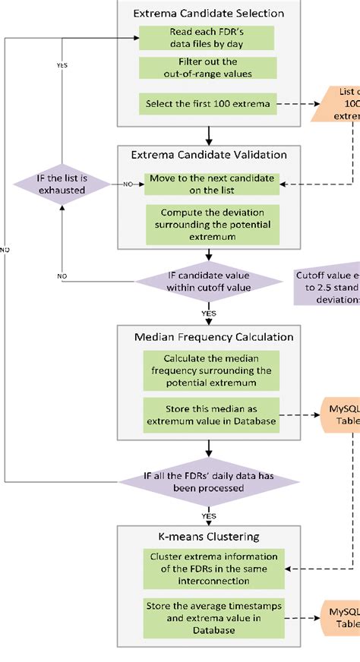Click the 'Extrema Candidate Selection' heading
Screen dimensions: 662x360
[207, 13]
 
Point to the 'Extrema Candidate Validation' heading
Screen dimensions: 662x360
[207, 154]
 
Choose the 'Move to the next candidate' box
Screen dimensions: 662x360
[210, 184]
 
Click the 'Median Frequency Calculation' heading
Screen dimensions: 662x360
[207, 336]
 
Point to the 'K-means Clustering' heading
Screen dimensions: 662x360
[207, 535]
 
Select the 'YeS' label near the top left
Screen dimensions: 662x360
[62, 65]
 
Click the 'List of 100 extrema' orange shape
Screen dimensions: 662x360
[338, 105]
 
